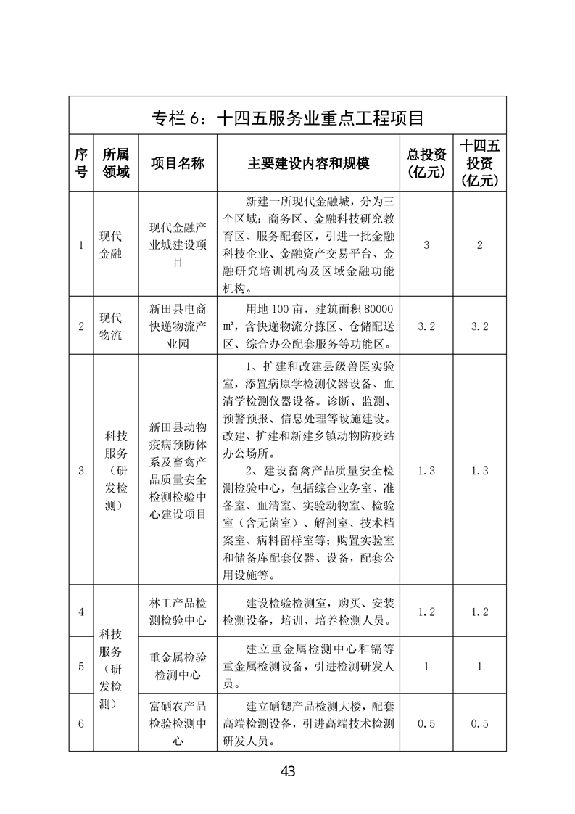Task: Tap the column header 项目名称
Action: tap(178, 163)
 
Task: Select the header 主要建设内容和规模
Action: tap(308, 163)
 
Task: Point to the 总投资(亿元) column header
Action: tap(426, 163)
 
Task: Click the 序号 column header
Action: tap(81, 163)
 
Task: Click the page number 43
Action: tap(287, 772)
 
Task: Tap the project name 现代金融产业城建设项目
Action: tap(178, 245)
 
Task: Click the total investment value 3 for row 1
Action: tap(426, 245)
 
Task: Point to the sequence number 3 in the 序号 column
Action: tap(81, 471)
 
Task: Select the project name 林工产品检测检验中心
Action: tap(178, 612)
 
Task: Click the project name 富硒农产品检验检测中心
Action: tap(178, 723)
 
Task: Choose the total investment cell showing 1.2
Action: tap(426, 612)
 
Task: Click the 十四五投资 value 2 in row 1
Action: tap(479, 245)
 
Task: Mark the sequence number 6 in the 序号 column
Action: tap(81, 723)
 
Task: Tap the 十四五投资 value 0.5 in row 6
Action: tap(479, 723)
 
